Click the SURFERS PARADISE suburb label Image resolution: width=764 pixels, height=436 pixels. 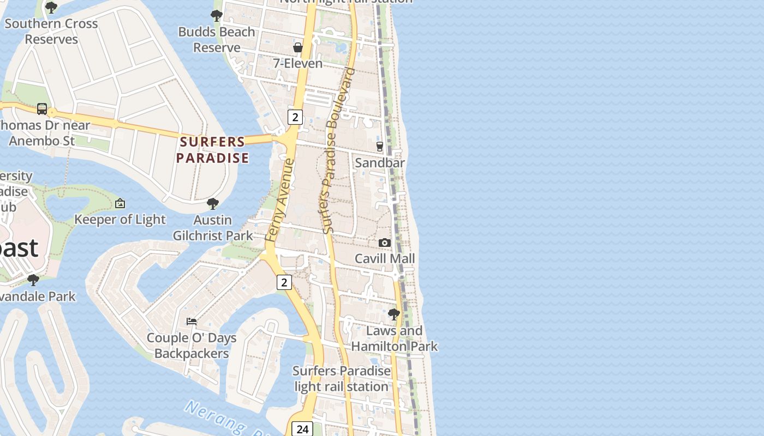tap(213, 150)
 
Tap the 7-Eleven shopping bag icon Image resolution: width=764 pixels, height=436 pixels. tap(298, 47)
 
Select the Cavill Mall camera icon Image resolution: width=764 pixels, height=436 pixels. tap(385, 243)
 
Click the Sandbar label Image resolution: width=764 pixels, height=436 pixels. tap(380, 162)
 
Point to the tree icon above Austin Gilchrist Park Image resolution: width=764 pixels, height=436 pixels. tap(213, 204)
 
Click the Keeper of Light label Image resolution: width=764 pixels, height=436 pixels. tap(120, 219)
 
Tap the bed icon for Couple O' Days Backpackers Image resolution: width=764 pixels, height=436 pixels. tap(192, 321)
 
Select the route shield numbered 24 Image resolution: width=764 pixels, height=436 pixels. tap(302, 429)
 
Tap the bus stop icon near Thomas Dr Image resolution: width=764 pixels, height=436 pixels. tap(42, 108)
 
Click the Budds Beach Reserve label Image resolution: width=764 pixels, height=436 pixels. tap(217, 40)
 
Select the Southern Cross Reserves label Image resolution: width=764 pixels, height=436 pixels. tap(51, 32)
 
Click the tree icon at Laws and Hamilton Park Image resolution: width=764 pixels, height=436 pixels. tap(393, 314)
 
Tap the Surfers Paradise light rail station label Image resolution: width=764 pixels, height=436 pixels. tap(342, 379)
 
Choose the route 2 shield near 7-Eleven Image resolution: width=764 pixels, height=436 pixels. tap(295, 117)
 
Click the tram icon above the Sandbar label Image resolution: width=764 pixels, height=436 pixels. tap(380, 146)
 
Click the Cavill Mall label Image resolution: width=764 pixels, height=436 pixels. tap(385, 258)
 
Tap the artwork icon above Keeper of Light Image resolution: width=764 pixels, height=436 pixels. tap(120, 203)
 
